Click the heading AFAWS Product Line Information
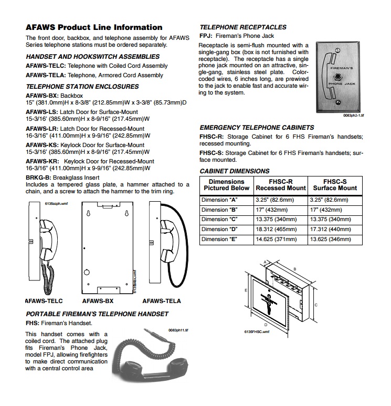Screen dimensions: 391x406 pyautogui.click(x=94, y=27)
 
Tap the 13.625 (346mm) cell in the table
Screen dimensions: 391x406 pyautogui.click(x=331, y=240)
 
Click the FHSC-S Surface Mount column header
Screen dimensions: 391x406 pyautogui.click(x=335, y=185)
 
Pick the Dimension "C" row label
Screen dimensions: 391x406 pyautogui.click(x=219, y=220)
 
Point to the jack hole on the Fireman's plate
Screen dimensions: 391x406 pyautogui.click(x=337, y=76)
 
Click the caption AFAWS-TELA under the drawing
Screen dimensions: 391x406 pyautogui.click(x=162, y=301)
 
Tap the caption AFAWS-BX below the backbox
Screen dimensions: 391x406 pyautogui.click(x=98, y=301)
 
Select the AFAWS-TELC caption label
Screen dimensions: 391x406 pyautogui.click(x=44, y=301)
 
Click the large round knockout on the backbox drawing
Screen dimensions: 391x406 pyautogui.click(x=87, y=272)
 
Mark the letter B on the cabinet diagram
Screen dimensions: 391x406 pyautogui.click(x=295, y=269)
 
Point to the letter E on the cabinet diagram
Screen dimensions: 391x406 pyautogui.click(x=246, y=290)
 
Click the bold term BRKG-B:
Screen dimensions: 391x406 pyautogui.click(x=38, y=178)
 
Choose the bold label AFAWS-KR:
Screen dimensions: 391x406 pyautogui.click(x=42, y=161)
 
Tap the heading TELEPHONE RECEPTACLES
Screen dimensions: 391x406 pyautogui.click(x=243, y=27)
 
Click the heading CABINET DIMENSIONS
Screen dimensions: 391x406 pyautogui.click(x=235, y=171)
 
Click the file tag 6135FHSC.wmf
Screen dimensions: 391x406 pyautogui.click(x=257, y=332)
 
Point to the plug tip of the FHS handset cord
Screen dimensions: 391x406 pyautogui.click(x=145, y=330)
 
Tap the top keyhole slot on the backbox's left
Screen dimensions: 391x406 pyautogui.click(x=88, y=213)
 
